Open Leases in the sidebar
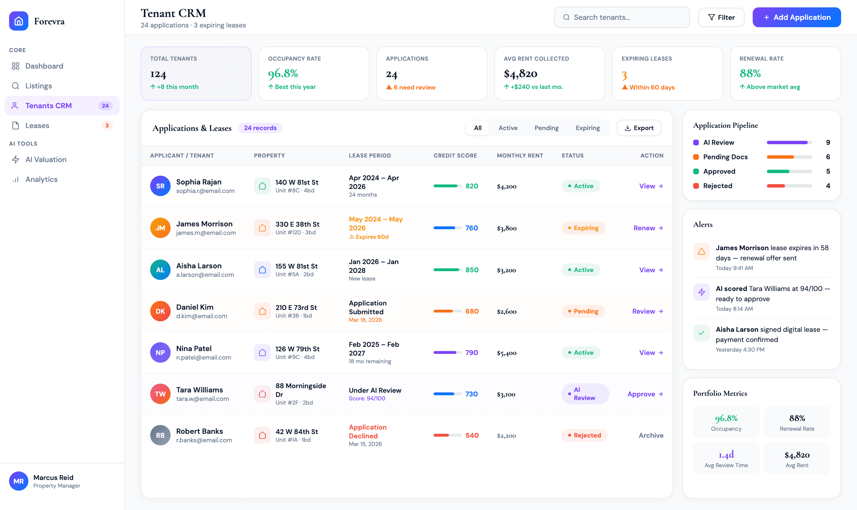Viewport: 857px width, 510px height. click(x=37, y=126)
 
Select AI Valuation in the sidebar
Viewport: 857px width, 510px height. click(x=46, y=160)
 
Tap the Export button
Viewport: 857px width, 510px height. click(x=638, y=128)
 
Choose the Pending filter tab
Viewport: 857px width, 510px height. click(x=546, y=128)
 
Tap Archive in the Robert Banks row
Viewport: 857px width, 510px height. click(x=651, y=435)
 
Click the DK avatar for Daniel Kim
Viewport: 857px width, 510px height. click(x=160, y=311)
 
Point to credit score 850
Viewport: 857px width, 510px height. click(x=472, y=270)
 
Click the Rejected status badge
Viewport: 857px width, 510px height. click(x=584, y=435)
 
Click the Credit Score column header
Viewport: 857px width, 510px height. click(x=455, y=155)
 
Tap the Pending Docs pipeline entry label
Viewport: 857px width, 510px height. click(x=725, y=157)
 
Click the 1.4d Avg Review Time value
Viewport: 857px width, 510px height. click(x=726, y=455)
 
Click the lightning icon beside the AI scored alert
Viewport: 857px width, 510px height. click(x=701, y=292)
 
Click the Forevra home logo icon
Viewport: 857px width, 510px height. click(x=19, y=21)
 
